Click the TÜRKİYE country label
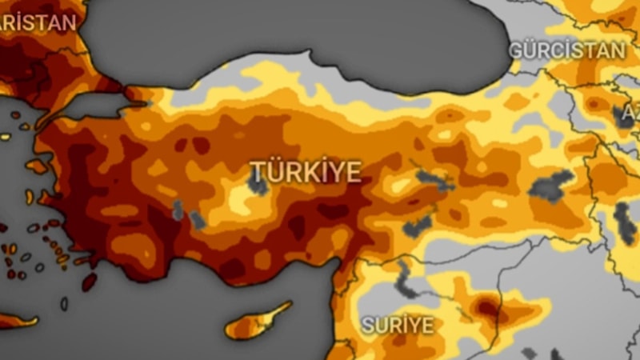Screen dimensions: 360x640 point(306,171)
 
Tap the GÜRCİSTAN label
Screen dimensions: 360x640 point(567,50)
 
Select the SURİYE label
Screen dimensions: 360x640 point(398,326)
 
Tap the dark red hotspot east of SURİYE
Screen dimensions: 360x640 point(486,306)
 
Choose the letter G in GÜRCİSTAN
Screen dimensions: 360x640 point(517,50)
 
